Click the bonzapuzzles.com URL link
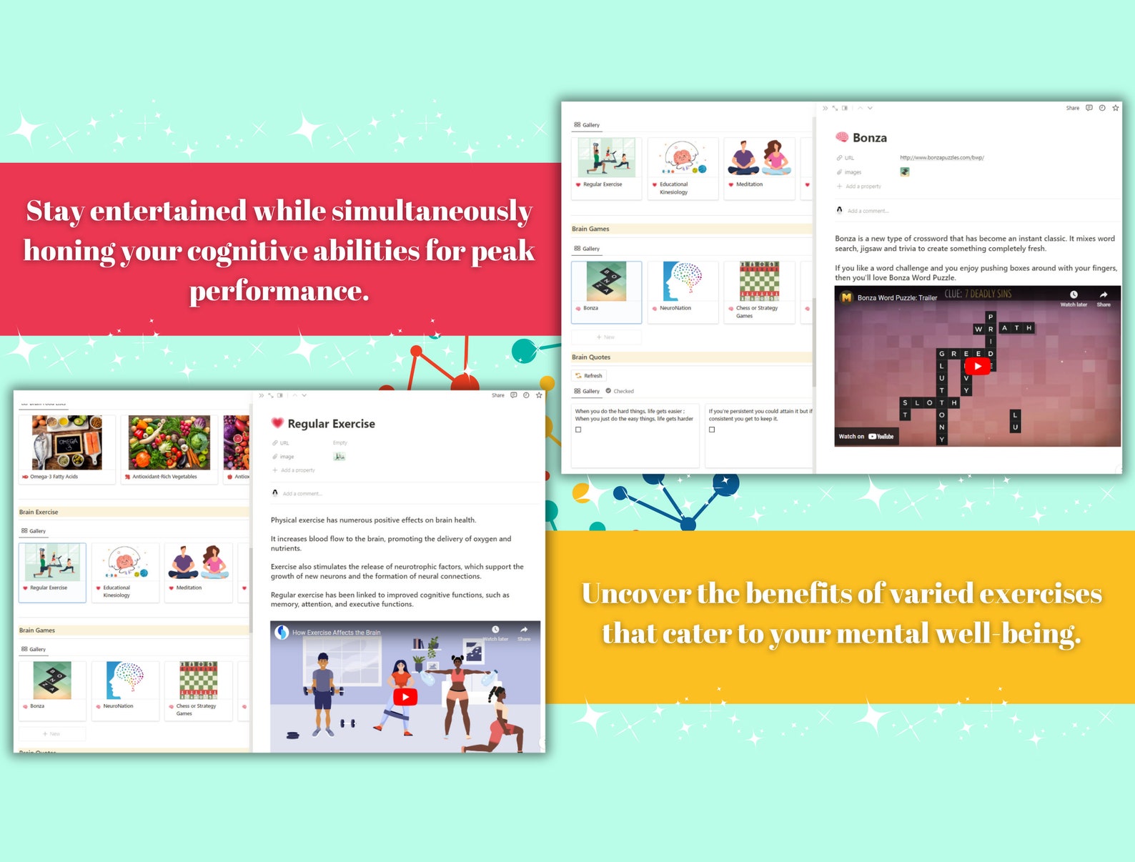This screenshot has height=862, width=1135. (941, 157)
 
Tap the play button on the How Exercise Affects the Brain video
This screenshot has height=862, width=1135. (405, 697)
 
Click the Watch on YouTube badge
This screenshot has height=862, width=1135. (866, 436)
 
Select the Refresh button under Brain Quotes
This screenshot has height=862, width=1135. (590, 375)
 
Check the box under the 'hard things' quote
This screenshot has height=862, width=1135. (578, 430)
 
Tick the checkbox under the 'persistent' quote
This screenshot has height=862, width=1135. (712, 430)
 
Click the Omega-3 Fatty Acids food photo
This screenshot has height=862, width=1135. (67, 442)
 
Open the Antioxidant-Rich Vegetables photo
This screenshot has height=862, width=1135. (169, 442)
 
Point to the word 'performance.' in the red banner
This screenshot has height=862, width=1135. (279, 291)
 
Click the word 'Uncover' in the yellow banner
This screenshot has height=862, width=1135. (635, 593)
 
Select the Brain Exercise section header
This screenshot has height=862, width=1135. (39, 512)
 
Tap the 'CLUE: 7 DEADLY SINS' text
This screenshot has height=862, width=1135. (978, 294)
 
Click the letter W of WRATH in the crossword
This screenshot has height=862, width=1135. (978, 329)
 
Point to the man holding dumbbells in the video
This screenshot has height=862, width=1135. (323, 690)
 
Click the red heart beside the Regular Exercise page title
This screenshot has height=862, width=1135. (277, 423)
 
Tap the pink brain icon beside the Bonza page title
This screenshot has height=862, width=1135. (842, 137)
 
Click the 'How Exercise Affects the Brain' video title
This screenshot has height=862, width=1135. (336, 633)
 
